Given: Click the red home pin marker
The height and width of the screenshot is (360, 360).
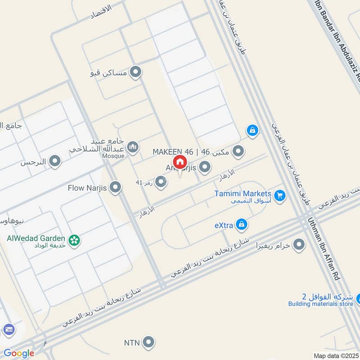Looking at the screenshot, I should pyautogui.click(x=179, y=162).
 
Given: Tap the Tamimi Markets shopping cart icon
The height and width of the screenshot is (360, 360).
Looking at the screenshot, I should pyautogui.click(x=280, y=195).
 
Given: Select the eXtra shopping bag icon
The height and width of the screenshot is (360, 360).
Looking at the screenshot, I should pyautogui.click(x=242, y=224).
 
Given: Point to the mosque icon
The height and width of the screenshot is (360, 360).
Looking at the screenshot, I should pyautogui.click(x=132, y=147).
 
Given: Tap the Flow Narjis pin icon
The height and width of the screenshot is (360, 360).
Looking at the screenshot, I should pyautogui.click(x=116, y=188).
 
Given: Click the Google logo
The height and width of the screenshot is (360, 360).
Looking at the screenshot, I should pyautogui.click(x=18, y=353).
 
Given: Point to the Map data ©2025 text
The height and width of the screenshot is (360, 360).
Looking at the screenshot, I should pyautogui.click(x=336, y=355).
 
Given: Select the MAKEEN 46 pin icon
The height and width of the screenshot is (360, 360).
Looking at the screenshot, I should pyautogui.click(x=238, y=151).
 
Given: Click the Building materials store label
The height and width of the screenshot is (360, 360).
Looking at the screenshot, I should pyautogui.click(x=321, y=304).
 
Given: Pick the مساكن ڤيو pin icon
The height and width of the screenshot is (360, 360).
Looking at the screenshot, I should pyautogui.click(x=135, y=72).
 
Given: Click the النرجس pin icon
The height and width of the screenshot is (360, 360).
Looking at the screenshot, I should pyautogui.click(x=55, y=161).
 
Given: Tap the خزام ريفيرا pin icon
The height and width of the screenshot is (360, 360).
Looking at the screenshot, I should pyautogui.click(x=298, y=245).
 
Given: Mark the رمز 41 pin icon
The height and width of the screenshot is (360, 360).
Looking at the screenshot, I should pyautogui.click(x=159, y=182).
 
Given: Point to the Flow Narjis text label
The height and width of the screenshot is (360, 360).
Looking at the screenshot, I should pyautogui.click(x=87, y=188).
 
